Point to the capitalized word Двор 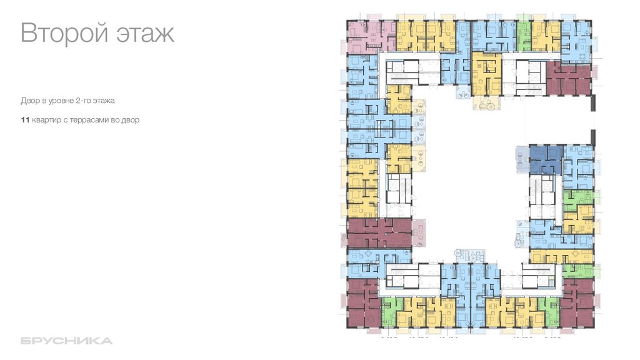tap(29, 100)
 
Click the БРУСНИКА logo tap(66, 341)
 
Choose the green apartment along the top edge tap(524, 34)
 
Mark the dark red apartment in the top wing tap(568, 79)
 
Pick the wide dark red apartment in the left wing tap(379, 232)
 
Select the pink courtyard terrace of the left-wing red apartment tap(418, 232)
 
